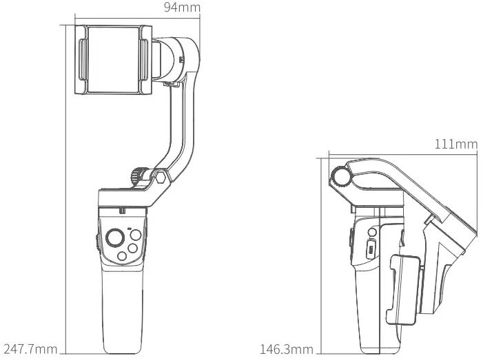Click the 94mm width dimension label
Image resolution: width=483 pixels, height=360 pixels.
pos(182,8)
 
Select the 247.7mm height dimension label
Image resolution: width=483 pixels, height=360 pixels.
pos(30,349)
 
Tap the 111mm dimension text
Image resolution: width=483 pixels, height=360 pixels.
pos(456,145)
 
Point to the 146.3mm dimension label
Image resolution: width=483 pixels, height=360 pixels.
pos(287,349)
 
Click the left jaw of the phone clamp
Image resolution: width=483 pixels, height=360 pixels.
pos(82,61)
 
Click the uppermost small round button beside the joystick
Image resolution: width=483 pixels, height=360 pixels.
pos(136,235)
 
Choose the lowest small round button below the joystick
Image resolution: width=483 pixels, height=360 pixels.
pos(123,256)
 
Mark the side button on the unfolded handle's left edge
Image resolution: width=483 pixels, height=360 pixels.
pos(94,240)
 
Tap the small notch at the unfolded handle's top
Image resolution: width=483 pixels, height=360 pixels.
pos(122,210)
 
